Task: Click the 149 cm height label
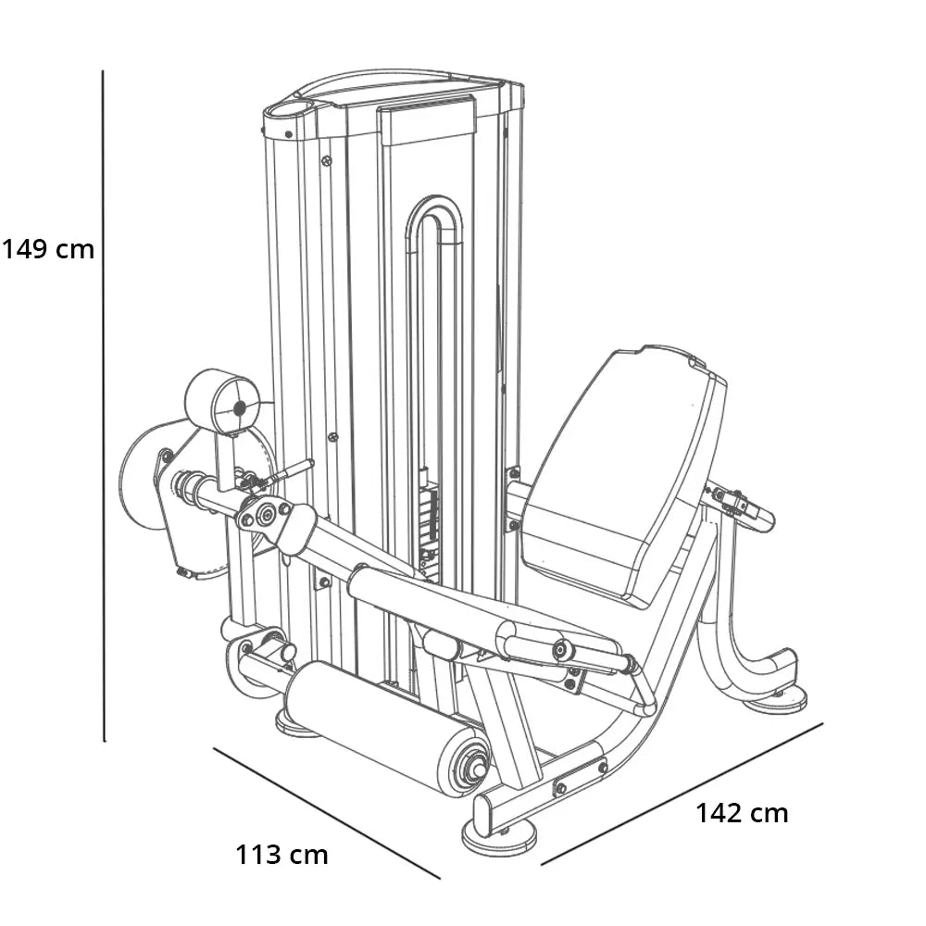tap(48, 249)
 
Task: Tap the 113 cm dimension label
tap(282, 855)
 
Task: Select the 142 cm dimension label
tap(742, 813)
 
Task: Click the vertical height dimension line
tap(104, 406)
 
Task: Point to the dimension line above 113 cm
tap(327, 813)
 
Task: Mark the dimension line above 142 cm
tap(682, 795)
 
